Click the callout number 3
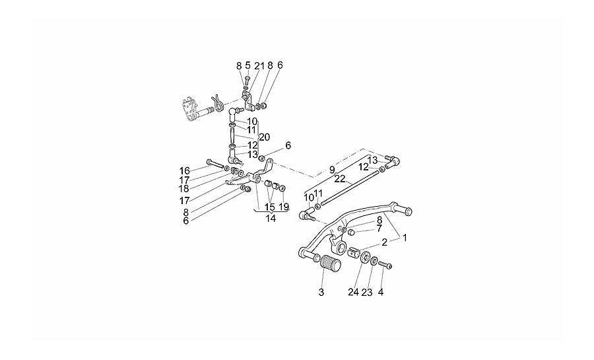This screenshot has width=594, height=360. click(x=321, y=292)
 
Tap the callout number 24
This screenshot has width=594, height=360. click(x=354, y=292)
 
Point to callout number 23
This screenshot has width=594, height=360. click(x=367, y=292)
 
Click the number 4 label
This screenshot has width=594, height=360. click(x=380, y=292)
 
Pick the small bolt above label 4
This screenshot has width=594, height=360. click(x=385, y=266)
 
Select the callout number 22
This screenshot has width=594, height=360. click(x=340, y=179)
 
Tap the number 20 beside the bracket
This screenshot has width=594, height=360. click(x=265, y=137)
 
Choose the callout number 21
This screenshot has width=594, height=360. click(x=259, y=65)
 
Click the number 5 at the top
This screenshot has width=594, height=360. click(x=247, y=65)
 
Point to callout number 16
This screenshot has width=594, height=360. click(x=185, y=170)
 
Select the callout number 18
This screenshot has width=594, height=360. click(x=185, y=188)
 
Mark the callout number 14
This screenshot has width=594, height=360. click(x=271, y=218)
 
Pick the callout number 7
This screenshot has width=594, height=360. click(x=379, y=229)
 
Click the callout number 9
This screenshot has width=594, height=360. click(x=332, y=169)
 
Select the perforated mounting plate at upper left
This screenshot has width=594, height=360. click(x=190, y=109)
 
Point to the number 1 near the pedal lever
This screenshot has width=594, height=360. click(x=405, y=238)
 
